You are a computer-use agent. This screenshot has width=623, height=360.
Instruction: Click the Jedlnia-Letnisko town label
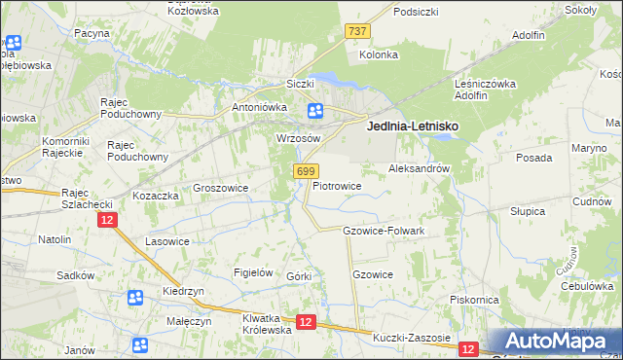coord(412,126)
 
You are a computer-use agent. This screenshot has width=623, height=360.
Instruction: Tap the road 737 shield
coord(357,32)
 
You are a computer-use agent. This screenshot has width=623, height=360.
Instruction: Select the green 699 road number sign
coord(305,171)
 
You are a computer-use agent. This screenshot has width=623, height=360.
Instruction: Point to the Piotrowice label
coord(337,185)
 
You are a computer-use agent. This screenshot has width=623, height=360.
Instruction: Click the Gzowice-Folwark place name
coord(384,231)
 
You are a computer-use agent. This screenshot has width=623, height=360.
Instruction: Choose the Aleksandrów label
coord(419,168)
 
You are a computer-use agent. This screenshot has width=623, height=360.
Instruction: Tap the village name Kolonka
coord(379,54)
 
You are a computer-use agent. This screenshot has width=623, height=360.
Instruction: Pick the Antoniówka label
coord(256,107)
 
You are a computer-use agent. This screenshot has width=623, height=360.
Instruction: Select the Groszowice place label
coord(221,188)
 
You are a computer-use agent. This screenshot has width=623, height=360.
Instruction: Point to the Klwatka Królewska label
coord(267,324)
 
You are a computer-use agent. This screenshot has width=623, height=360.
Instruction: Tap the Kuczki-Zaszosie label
coord(412,339)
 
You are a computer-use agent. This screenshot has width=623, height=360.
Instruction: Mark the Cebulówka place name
coord(585,286)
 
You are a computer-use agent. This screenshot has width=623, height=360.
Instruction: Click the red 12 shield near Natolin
coord(107,221)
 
